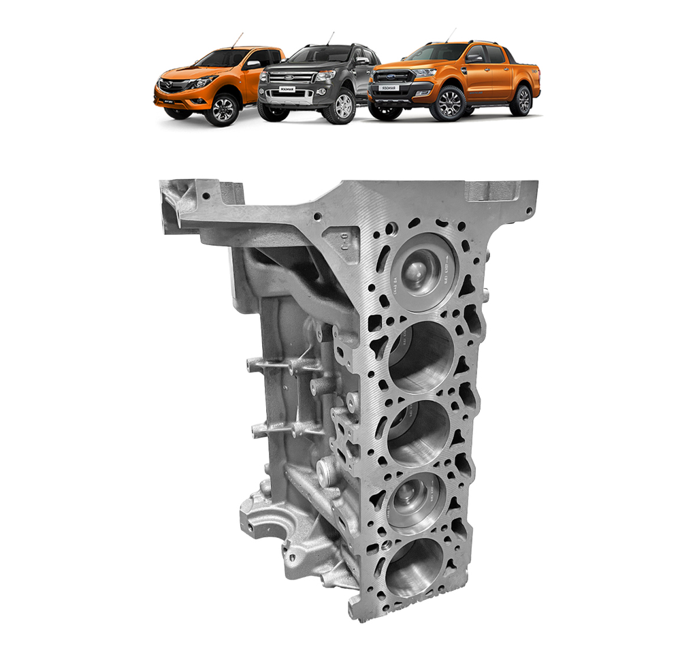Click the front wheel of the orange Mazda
coord(223,109)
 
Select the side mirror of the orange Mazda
coord(253,64)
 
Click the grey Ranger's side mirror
coord(361,60)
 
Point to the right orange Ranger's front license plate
coord(389,89)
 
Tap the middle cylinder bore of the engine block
coord(418,433)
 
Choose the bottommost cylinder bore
coord(413,567)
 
